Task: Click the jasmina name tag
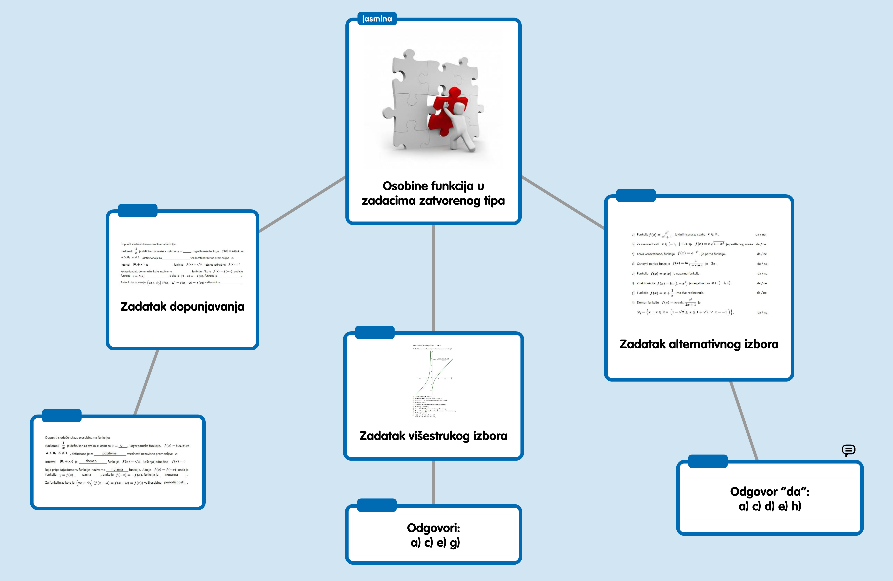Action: point(377,19)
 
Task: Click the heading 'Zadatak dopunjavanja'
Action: point(182,306)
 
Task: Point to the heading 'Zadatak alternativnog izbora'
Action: point(699,344)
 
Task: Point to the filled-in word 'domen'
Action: point(91,461)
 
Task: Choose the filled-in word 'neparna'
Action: point(172,474)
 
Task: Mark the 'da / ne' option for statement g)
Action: point(761,293)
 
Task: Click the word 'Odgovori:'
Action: point(433,528)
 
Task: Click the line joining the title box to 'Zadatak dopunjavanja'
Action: point(302,204)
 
